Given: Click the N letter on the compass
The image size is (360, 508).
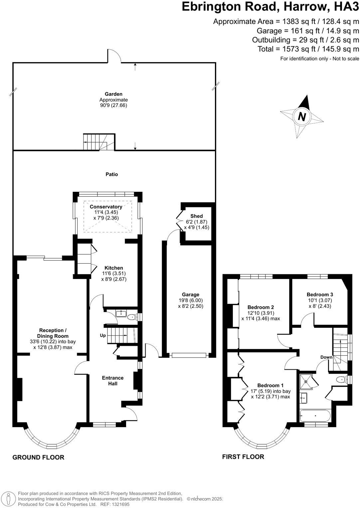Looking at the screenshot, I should point(302,117).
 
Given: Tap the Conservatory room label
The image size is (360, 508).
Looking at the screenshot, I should point(106,207).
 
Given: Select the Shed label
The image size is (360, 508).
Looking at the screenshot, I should point(196,216).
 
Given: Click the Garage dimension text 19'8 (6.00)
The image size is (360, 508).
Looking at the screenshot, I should point(190,300).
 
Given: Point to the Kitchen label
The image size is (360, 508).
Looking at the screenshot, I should point(114,268).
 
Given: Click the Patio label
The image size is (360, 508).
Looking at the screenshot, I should point(112,174).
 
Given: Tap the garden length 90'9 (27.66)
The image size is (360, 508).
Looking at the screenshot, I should point(113,105).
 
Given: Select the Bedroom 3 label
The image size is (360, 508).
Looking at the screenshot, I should point(320,295).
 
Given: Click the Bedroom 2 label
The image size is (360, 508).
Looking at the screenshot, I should point(261,307).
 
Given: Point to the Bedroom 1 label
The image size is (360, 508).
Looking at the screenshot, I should point(270,386).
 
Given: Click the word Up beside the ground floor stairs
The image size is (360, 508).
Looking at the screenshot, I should point(103,335).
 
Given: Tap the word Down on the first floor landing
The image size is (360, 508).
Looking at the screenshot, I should point(326,357).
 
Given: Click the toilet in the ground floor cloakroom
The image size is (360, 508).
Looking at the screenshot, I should point(133,317).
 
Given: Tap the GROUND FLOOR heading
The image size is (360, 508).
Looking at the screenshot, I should point(38,457).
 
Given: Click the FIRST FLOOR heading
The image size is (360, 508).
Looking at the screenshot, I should point(243,457).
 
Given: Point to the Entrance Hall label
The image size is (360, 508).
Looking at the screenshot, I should point(113,381).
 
